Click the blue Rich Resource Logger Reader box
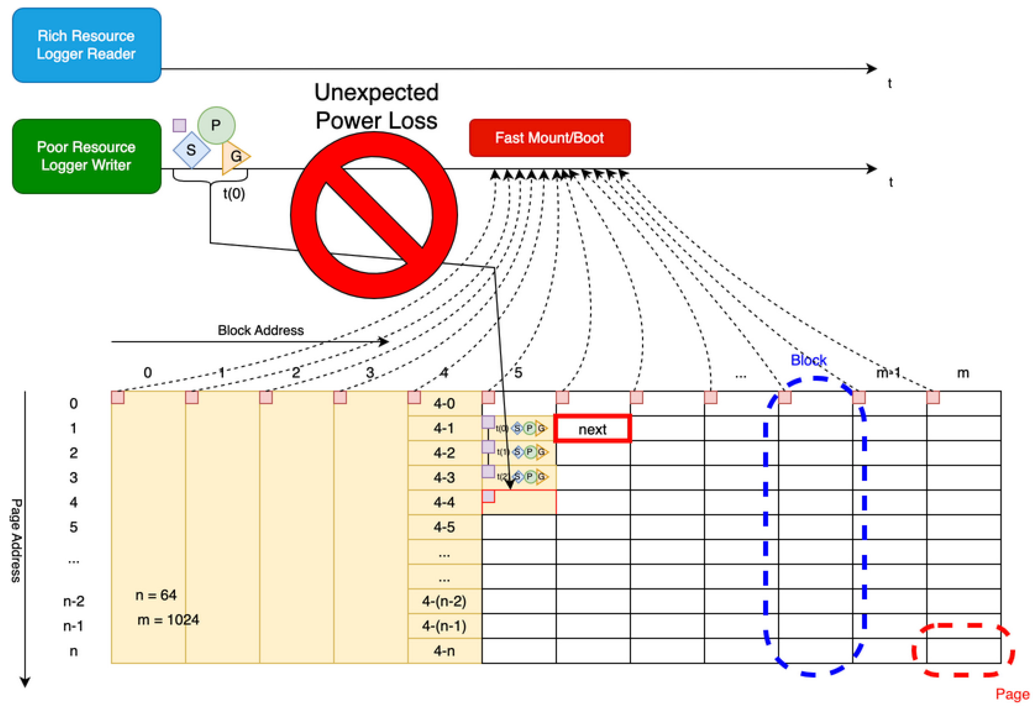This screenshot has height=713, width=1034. [86, 45]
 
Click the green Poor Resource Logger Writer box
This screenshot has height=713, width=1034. [86, 156]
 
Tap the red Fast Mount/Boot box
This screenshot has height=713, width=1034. [549, 138]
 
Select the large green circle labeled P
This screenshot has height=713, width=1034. [216, 125]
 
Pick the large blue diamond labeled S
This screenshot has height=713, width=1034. [191, 150]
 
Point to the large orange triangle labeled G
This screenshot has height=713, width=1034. [235, 156]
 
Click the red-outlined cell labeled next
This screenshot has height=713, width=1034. [592, 429]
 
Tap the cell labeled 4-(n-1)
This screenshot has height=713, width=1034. [444, 626]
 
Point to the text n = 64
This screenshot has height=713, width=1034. [156, 595]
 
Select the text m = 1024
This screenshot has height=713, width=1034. [168, 620]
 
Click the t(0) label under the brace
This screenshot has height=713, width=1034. [234, 194]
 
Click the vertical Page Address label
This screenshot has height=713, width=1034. [16, 541]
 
